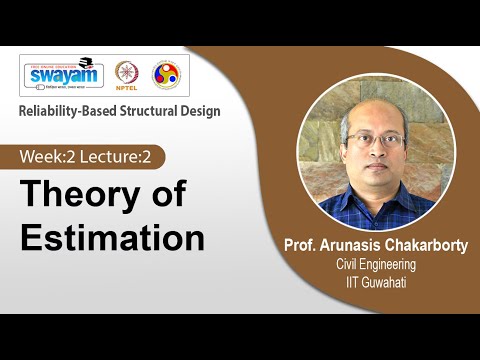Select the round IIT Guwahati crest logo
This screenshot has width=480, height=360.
(x=166, y=75)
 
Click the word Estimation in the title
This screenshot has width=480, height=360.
(x=113, y=238)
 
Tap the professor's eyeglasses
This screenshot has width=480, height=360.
(x=376, y=140)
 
